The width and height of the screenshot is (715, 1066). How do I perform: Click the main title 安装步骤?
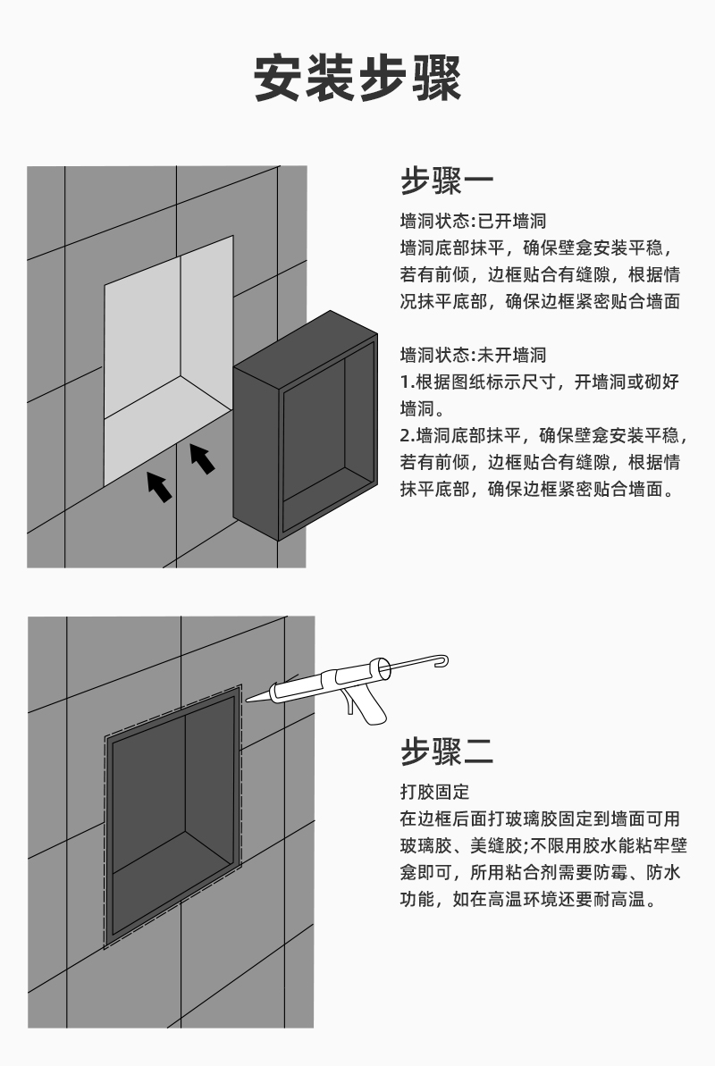coord(357,78)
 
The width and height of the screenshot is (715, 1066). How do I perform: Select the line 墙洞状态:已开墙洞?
coord(472,220)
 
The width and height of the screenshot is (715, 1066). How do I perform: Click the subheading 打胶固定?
coord(433,792)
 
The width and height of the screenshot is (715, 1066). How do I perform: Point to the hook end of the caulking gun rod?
coord(441,660)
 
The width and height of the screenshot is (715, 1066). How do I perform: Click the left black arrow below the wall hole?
coord(159,486)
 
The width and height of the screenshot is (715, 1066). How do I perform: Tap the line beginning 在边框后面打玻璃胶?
coord(540,818)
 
